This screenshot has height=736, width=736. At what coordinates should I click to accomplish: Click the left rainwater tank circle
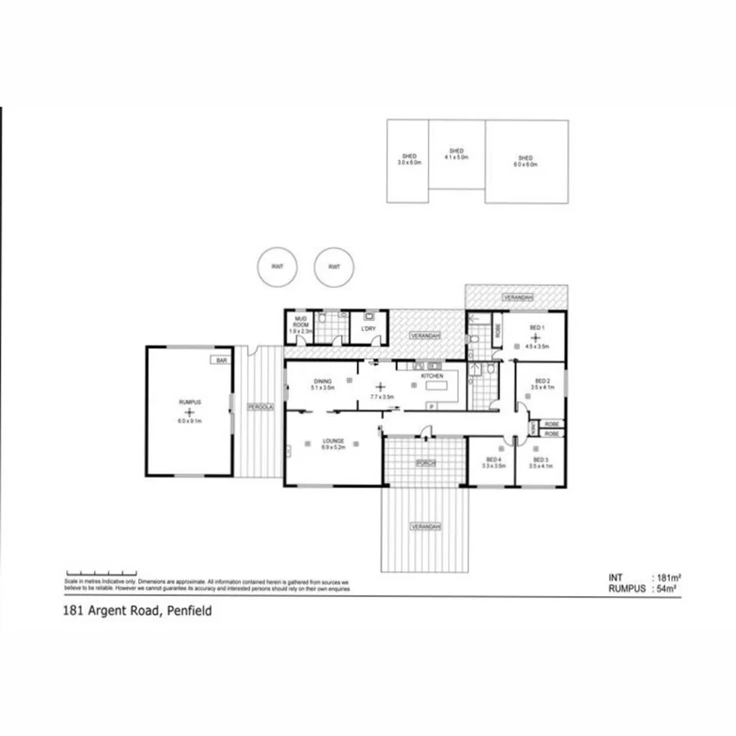click(x=277, y=267)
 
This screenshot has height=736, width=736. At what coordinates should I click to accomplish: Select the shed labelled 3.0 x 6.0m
click(x=408, y=160)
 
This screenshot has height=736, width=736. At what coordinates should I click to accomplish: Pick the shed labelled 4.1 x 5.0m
click(x=456, y=154)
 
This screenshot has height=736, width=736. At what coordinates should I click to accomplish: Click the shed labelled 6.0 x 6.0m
click(x=526, y=161)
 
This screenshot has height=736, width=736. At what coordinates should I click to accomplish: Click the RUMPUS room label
click(x=189, y=403)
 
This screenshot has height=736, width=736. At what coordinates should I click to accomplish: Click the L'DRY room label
click(x=366, y=328)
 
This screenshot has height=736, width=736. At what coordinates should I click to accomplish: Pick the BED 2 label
click(x=541, y=380)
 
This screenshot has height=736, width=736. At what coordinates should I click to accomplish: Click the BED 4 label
click(x=494, y=460)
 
